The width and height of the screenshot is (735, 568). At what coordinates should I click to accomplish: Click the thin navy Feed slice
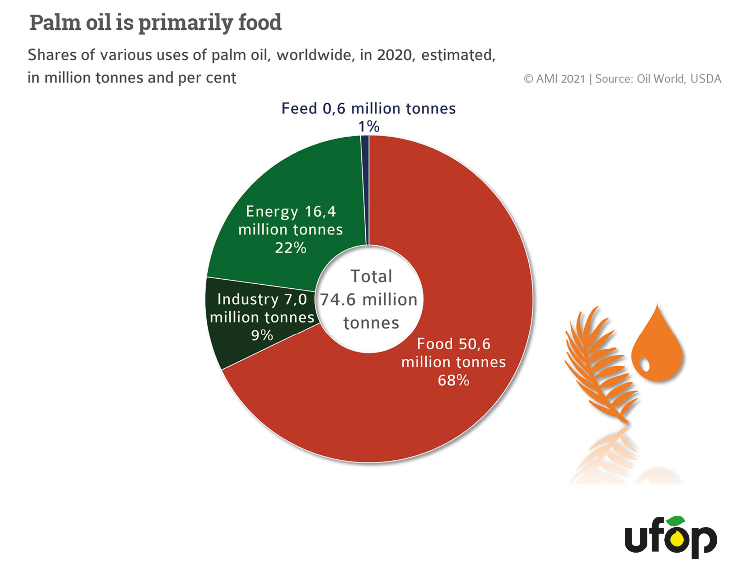(x=365, y=190)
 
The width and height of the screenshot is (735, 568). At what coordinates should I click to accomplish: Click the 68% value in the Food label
(x=453, y=380)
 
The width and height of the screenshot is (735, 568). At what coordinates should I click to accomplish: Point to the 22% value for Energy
(x=291, y=248)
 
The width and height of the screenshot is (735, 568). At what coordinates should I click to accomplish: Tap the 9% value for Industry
(x=262, y=335)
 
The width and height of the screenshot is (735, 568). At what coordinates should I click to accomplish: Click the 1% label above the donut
(x=369, y=127)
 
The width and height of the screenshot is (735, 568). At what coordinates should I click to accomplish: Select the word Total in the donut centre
(x=371, y=276)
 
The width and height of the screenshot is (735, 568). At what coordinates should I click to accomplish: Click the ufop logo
(x=671, y=537)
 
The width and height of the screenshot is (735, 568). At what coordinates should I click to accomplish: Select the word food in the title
(x=260, y=23)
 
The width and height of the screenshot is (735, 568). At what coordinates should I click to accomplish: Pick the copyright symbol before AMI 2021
(x=528, y=79)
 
